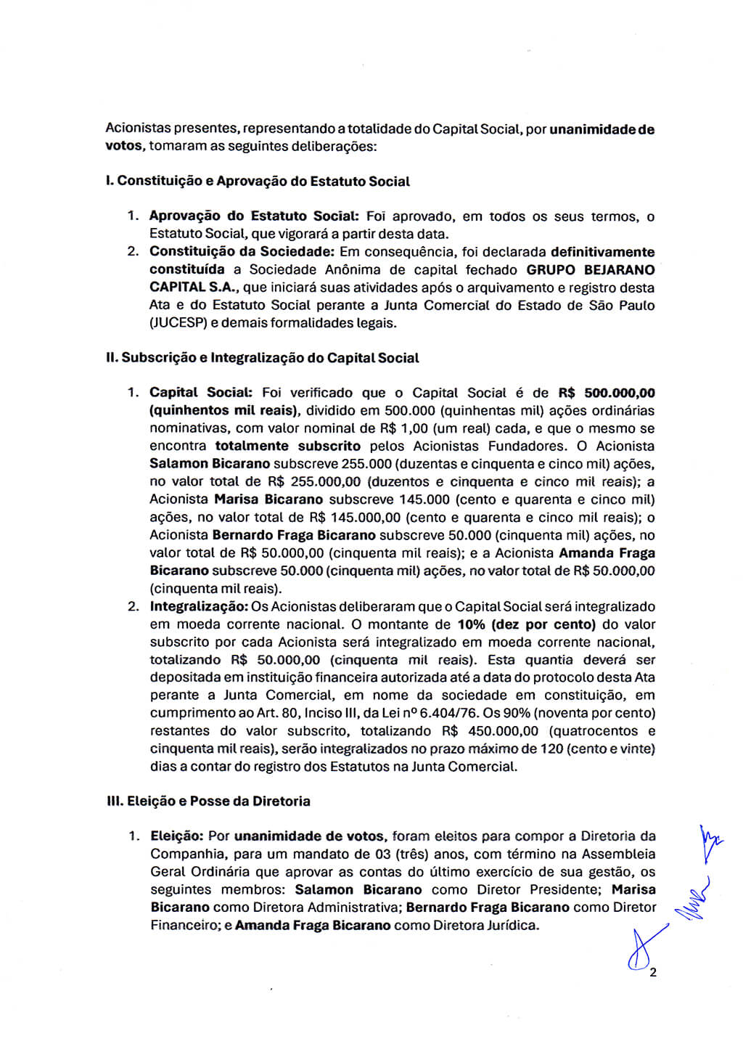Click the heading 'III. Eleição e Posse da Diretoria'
208,802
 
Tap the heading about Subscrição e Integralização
263,358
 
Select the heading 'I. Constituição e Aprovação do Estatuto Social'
258,182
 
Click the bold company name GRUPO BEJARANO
590,270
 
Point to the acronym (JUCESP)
177,323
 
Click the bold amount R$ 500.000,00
607,393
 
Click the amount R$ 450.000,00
490,731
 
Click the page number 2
653,973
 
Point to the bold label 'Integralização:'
199,607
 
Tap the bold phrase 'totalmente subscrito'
287,447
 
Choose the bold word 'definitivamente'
602,253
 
